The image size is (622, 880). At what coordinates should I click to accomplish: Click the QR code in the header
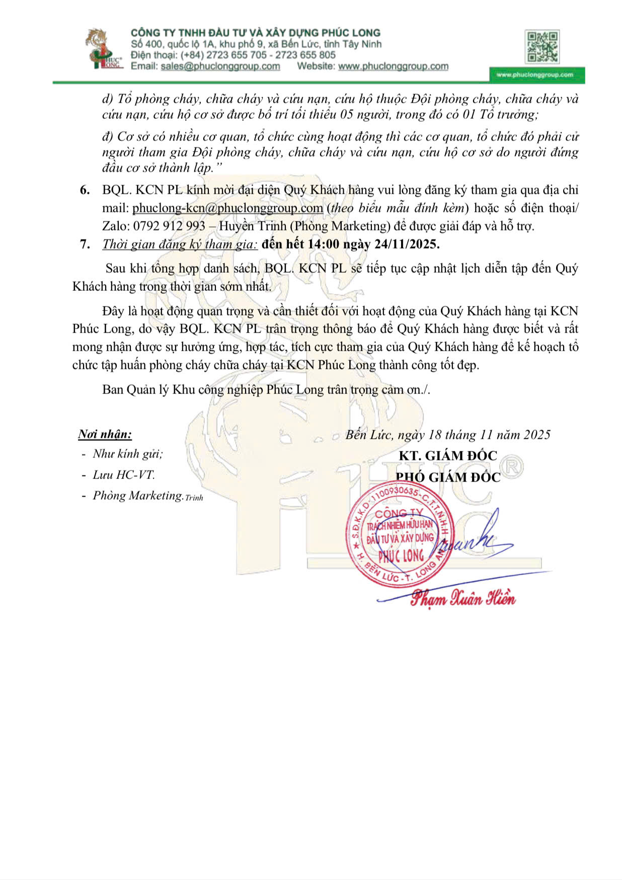click(541, 47)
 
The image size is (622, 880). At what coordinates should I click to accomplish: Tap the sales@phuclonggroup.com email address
click(220, 66)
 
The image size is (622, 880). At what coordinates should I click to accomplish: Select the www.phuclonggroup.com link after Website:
click(393, 66)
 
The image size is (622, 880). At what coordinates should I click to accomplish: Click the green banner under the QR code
click(536, 75)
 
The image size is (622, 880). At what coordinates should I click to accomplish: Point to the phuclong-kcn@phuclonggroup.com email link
click(227, 208)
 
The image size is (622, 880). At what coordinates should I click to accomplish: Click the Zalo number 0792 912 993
click(169, 226)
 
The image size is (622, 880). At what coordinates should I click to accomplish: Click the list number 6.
click(85, 190)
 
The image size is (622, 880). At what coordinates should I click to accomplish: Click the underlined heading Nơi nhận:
click(105, 434)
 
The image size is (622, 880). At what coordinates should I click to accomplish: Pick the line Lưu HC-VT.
click(123, 475)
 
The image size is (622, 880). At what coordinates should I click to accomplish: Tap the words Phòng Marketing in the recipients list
click(137, 496)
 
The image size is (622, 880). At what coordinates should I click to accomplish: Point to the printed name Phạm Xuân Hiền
click(462, 599)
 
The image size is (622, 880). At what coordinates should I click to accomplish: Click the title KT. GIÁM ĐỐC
click(447, 456)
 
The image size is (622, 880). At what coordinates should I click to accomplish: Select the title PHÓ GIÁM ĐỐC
click(447, 477)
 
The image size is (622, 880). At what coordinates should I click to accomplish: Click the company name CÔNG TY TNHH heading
click(255, 33)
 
